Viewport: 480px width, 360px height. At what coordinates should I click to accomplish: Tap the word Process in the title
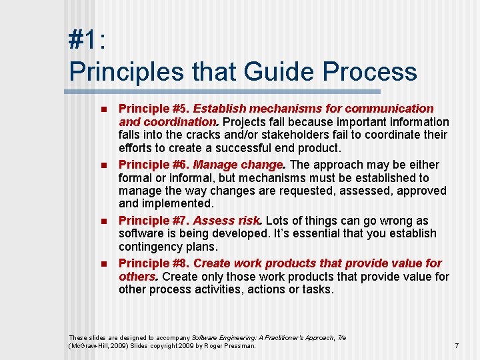372,71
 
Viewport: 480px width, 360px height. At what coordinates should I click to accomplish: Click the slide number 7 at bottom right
457,345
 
